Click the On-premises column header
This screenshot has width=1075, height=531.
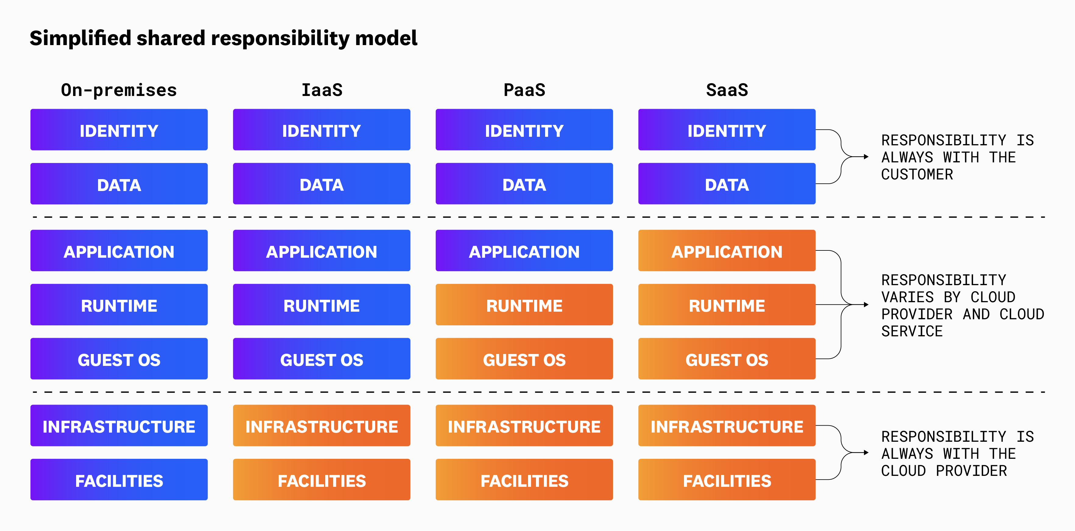point(119,90)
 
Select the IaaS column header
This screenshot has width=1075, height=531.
point(322,90)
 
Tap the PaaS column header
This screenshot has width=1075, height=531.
point(524,90)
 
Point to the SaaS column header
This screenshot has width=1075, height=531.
point(727,90)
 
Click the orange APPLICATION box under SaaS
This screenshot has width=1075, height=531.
point(727,251)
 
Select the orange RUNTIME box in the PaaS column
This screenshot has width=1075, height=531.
point(524,305)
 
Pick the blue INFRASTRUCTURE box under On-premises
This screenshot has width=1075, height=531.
point(119,426)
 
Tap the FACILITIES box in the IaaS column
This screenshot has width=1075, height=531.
point(322,480)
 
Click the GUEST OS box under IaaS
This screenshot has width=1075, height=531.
point(322,359)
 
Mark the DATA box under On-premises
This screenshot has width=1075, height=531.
point(119,184)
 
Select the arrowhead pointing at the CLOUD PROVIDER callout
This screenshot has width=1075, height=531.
point(866,452)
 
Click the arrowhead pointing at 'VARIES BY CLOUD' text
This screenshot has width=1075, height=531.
point(866,305)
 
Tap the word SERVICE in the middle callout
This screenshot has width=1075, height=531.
point(912,331)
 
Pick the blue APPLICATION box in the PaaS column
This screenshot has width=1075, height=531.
point(524,251)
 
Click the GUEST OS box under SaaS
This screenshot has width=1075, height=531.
point(727,359)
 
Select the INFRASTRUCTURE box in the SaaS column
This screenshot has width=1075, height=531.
point(727,426)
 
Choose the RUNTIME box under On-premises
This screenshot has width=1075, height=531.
point(119,305)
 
